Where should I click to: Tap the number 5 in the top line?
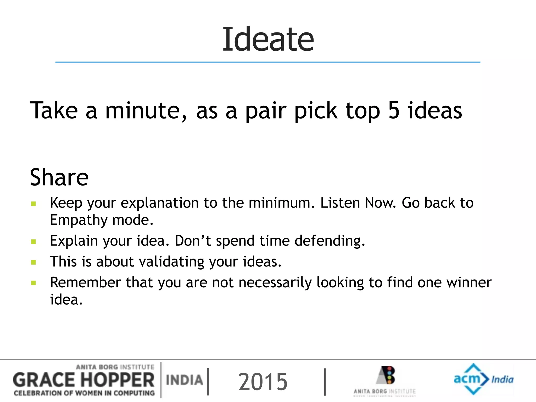point(394,110)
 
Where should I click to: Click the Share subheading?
point(59,177)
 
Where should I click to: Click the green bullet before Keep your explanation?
point(33,204)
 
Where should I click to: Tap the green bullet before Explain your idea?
point(33,241)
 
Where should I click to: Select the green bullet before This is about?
point(33,262)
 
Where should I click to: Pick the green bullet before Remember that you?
point(33,283)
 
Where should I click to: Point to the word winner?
point(469,283)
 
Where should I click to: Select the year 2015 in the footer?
point(263,382)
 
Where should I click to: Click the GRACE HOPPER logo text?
point(84,380)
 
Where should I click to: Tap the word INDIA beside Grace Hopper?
point(184,380)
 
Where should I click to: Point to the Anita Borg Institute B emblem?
point(387,375)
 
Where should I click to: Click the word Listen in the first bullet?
point(340,203)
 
